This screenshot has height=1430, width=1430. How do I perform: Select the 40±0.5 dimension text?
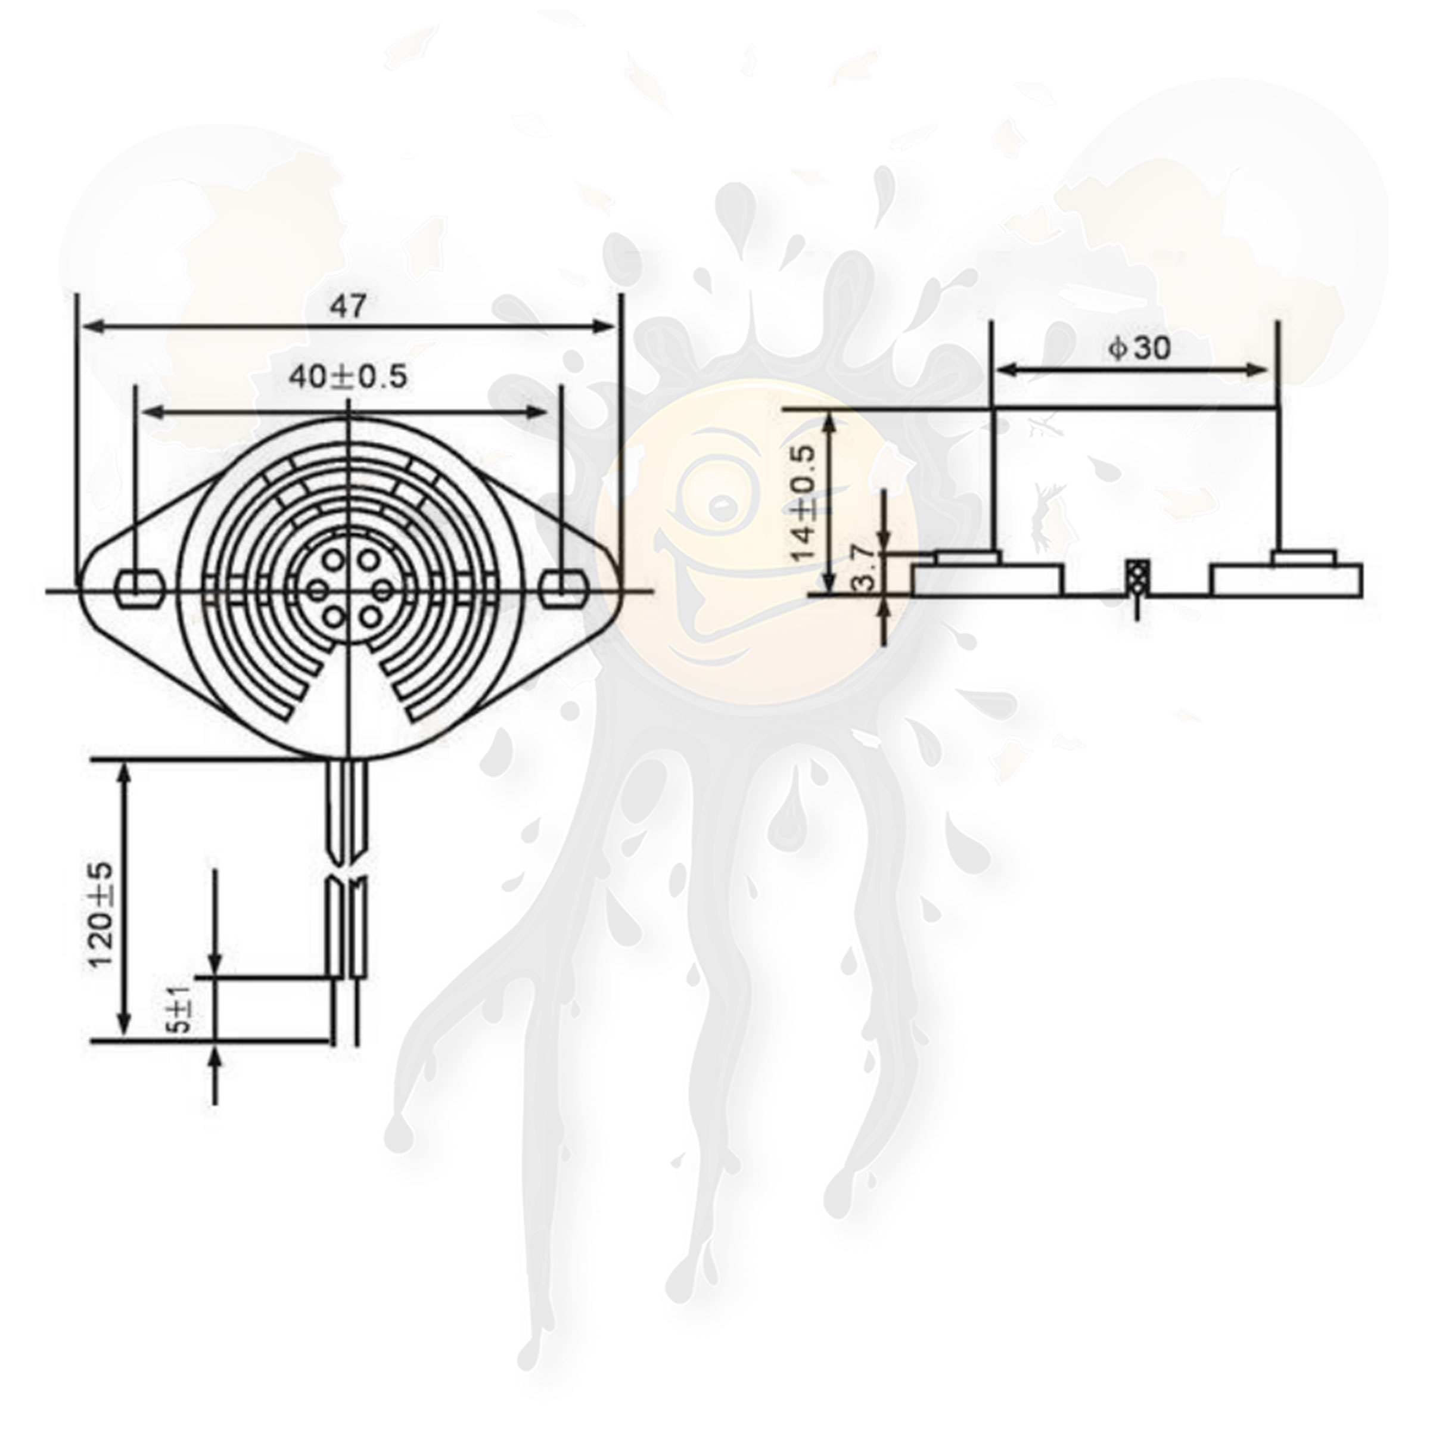click(347, 378)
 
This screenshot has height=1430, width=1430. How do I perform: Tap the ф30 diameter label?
click(1140, 348)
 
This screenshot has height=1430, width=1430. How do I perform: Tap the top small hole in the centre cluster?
click(332, 562)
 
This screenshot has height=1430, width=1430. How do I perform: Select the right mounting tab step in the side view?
click(1304, 556)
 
